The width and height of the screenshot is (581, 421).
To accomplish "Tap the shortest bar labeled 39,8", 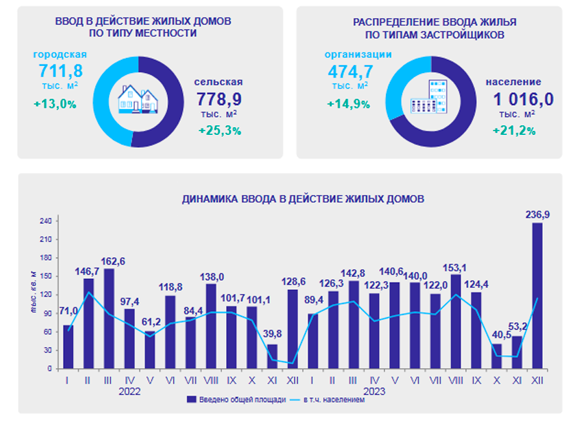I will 272,356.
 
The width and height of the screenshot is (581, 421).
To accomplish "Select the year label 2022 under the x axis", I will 130,391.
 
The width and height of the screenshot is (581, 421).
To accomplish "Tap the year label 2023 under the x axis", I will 374,391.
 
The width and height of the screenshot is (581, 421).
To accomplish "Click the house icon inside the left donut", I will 138,98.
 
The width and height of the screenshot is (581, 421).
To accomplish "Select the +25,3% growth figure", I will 219,130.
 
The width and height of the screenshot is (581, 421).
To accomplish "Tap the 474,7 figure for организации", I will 351,70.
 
